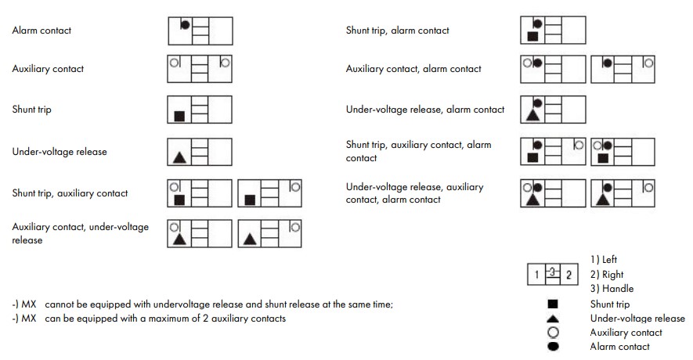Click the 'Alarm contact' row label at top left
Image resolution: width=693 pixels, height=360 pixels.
pos(42,31)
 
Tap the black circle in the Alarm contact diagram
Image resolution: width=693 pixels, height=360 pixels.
pos(186,24)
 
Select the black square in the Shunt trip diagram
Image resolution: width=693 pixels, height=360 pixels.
pos(179,116)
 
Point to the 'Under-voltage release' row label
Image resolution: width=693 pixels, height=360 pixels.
pos(59,152)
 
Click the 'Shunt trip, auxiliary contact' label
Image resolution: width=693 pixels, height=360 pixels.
pos(70,193)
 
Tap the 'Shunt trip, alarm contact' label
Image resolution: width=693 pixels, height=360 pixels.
pos(398,31)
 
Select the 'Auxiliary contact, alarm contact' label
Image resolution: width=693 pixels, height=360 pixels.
pos(413,69)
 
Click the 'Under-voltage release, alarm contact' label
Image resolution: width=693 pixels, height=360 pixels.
pos(425,110)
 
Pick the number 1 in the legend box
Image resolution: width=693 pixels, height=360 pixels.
pos(536,275)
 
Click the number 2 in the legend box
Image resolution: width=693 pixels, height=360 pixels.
pos(569,275)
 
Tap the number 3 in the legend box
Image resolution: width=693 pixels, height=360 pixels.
pos(553,272)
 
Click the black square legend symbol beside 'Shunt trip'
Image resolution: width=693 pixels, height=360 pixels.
pos(553,304)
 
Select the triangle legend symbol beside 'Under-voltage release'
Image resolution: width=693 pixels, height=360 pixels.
pos(553,318)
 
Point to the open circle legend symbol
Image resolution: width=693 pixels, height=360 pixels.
pos(553,332)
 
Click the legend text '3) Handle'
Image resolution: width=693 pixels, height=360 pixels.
pos(612,289)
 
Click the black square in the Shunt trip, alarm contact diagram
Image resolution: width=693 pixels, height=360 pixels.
pos(532,36)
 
